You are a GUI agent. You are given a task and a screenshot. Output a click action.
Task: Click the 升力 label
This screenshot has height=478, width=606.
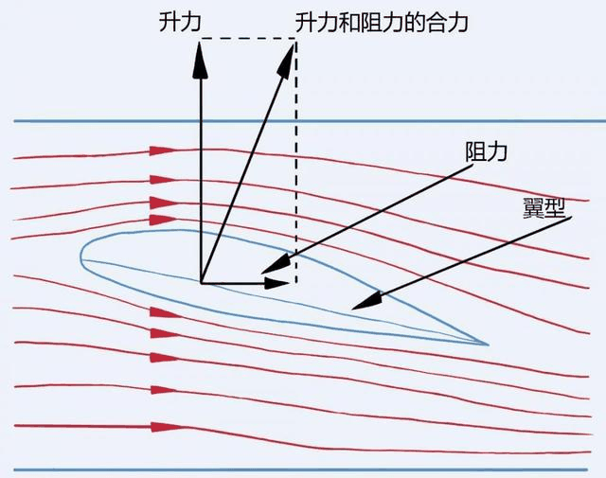[180, 22]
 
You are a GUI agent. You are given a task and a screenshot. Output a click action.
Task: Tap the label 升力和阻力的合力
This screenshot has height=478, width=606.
[382, 23]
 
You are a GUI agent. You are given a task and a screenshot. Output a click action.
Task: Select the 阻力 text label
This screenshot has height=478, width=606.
[486, 151]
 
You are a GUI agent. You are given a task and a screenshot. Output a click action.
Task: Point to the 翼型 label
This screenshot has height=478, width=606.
[544, 208]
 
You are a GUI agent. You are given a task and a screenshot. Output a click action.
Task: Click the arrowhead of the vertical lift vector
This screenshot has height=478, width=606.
[201, 60]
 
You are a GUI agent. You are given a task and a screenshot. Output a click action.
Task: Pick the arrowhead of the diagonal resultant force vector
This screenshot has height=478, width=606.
[286, 61]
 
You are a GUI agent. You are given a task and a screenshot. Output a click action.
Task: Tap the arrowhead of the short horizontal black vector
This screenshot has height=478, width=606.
[276, 283]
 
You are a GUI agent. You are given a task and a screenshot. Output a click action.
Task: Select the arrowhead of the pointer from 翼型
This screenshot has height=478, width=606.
[366, 300]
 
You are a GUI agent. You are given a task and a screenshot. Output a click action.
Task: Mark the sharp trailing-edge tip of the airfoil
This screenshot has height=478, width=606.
[489, 344]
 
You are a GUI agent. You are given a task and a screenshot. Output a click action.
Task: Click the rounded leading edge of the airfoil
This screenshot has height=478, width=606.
[82, 256]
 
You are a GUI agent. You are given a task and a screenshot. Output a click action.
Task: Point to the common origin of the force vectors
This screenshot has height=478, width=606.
[202, 283]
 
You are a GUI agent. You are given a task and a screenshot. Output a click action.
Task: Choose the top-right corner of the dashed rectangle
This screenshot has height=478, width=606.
[295, 38]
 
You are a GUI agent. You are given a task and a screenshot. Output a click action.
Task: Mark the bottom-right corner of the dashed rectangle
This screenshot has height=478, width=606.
[296, 283]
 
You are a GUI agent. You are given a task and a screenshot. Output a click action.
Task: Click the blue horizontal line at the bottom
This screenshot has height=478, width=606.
[301, 469]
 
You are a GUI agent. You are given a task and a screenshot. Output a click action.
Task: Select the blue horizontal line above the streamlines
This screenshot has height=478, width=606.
[310, 121]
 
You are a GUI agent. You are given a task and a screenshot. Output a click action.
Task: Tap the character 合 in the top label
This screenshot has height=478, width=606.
[437, 23]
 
